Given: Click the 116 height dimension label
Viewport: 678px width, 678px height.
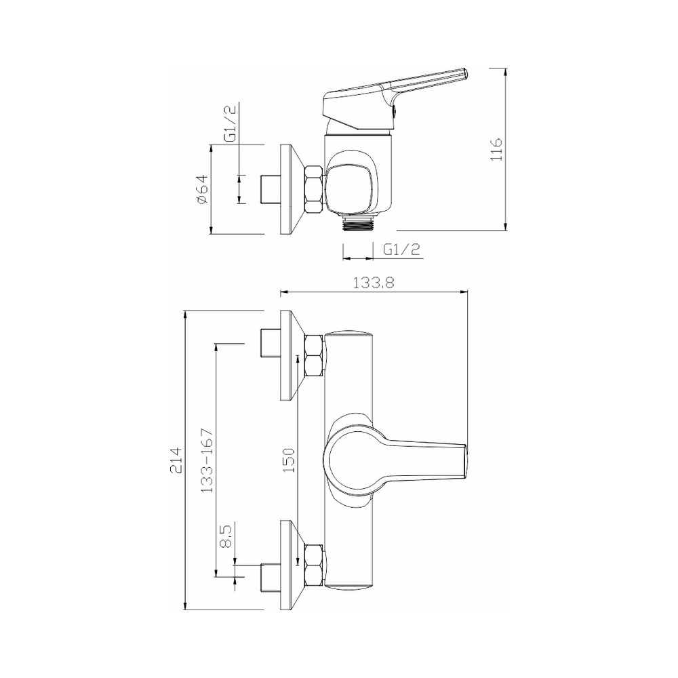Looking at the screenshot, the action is coord(496,149).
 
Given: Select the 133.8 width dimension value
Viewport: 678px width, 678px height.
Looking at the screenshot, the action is coord(374,283).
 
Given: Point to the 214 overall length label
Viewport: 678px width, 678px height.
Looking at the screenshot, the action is coord(176,460).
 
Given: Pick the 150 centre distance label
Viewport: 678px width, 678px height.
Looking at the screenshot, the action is coord(289,460).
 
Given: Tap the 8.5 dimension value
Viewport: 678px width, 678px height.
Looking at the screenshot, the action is coord(226,536).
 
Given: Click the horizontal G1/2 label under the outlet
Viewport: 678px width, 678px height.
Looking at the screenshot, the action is coord(401,250).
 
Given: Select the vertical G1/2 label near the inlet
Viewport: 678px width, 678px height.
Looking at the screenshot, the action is coord(231,123).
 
